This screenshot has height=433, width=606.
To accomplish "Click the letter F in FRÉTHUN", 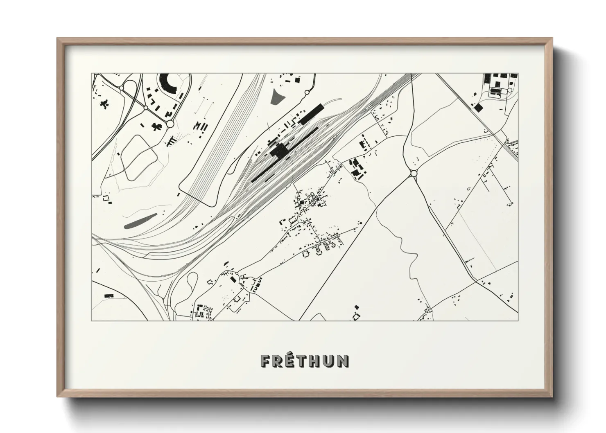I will pyautogui.click(x=265, y=361).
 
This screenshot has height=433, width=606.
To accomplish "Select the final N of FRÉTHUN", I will pyautogui.click(x=344, y=361).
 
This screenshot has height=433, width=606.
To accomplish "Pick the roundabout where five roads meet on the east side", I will pyautogui.click(x=413, y=174).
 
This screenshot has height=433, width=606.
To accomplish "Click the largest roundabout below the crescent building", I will pyautogui.click(x=170, y=124).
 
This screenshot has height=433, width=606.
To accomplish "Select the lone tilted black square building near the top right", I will pyautogui.click(x=478, y=107).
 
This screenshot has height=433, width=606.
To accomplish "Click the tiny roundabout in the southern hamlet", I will pyautogui.click(x=237, y=273).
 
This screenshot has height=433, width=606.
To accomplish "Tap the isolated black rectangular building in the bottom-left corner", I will pyautogui.click(x=109, y=295).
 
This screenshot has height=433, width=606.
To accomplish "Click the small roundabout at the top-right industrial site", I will pyautogui.click(x=510, y=89).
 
